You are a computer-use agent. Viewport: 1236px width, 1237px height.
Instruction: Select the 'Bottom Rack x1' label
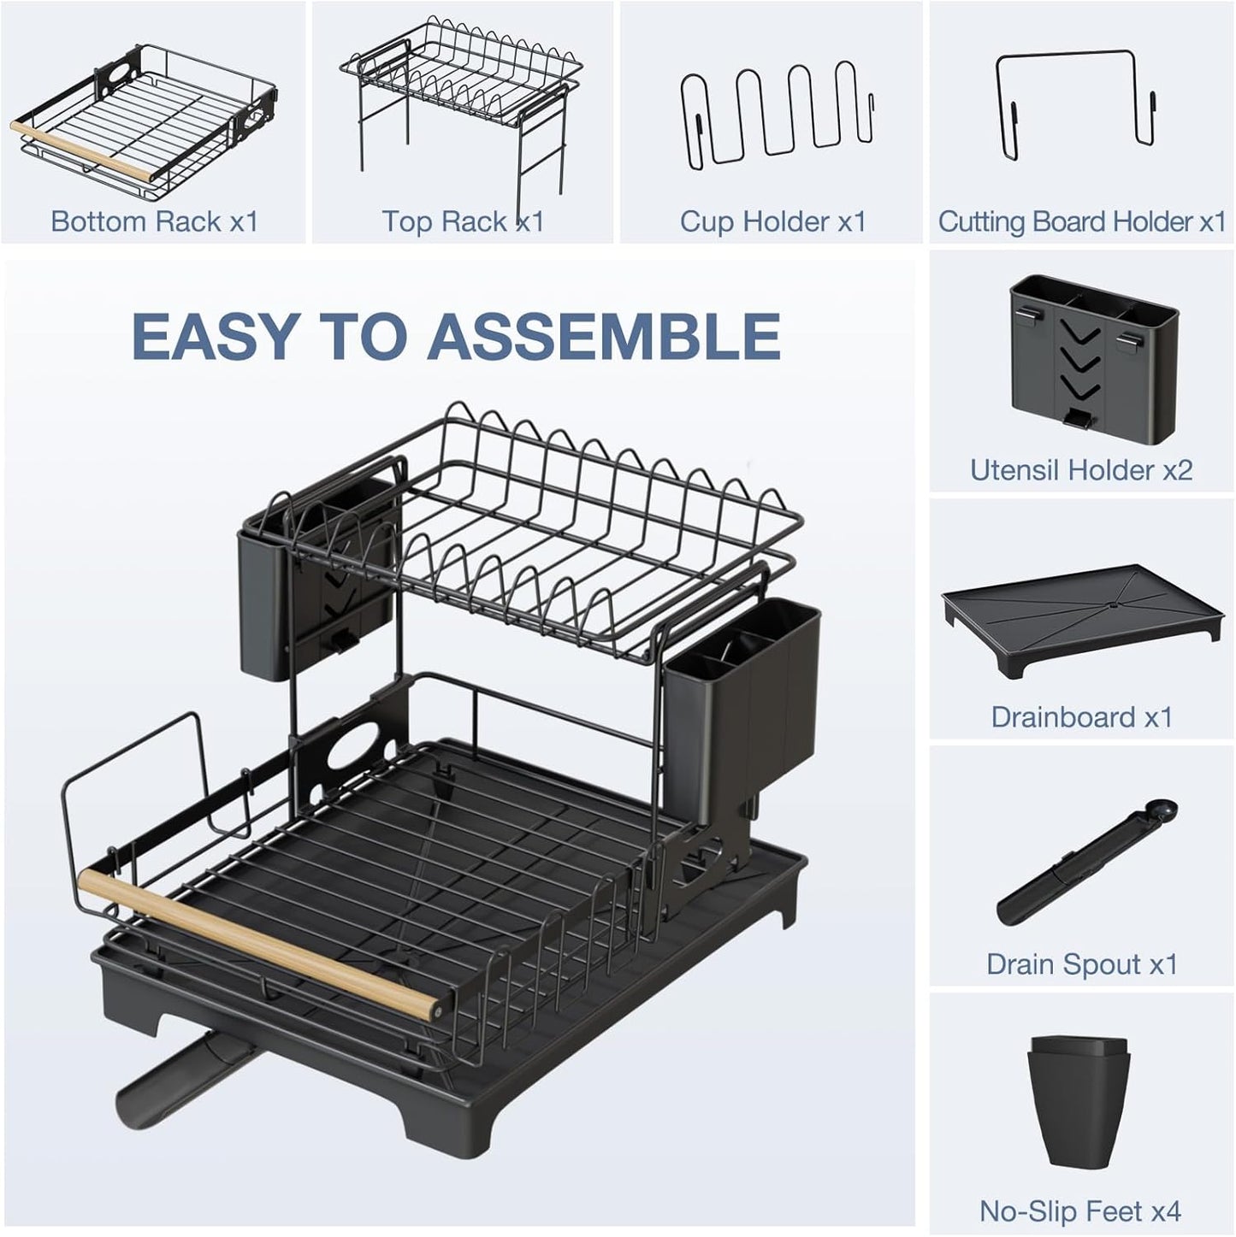(154, 221)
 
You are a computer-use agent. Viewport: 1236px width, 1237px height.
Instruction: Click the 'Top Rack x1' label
(463, 221)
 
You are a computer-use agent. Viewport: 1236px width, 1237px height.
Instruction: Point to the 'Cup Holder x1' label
(772, 221)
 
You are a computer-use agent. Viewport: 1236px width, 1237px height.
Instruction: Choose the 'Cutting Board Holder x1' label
(1082, 221)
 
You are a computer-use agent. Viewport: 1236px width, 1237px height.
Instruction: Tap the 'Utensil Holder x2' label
(1081, 469)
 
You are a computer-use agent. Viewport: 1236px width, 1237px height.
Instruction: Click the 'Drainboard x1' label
(1081, 716)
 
